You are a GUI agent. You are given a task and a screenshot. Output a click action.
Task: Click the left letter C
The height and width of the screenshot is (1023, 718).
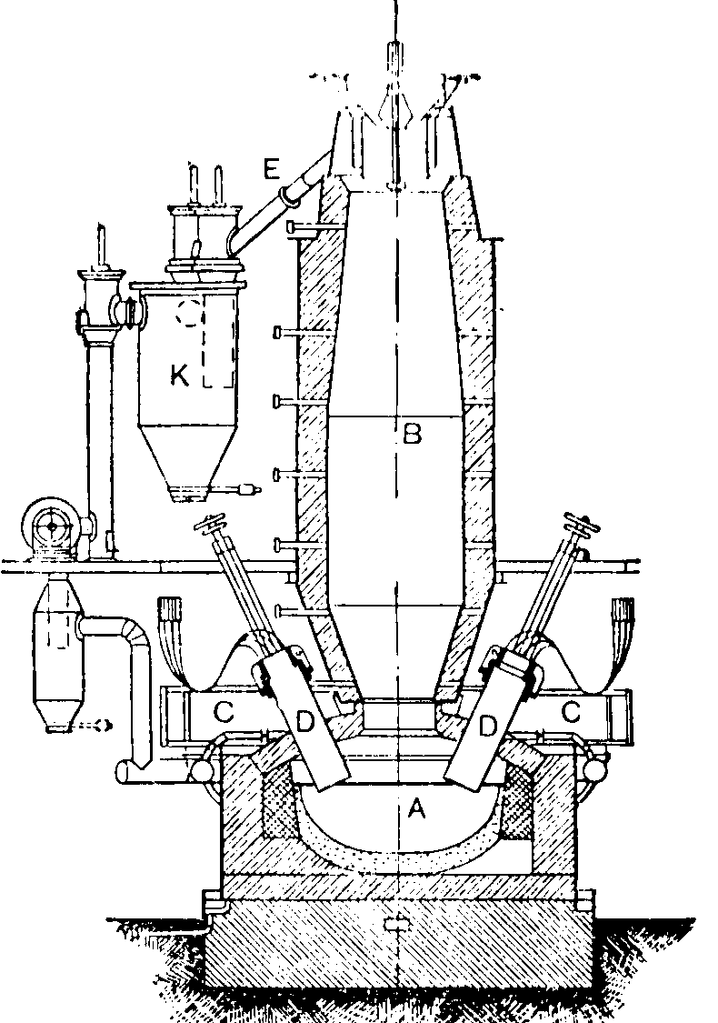[224, 713]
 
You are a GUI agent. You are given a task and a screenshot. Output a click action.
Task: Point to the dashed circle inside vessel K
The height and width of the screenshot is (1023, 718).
[190, 313]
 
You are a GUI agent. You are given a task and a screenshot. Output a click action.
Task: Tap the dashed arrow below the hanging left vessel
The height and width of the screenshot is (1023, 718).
[94, 725]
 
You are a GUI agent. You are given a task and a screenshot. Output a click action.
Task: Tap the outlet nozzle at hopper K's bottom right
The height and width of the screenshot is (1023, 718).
[245, 490]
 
